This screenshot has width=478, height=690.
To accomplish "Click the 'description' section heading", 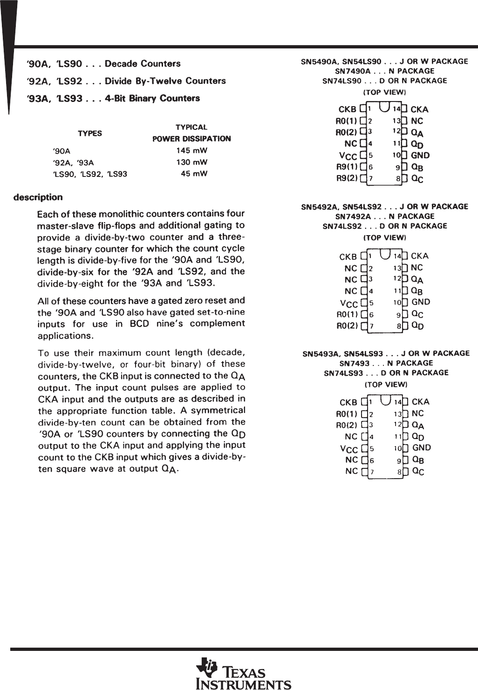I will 38,197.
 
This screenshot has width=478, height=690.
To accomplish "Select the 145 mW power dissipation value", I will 191,150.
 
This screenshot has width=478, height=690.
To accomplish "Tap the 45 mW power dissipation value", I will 194,174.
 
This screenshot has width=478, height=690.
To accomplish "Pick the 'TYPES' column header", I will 90,133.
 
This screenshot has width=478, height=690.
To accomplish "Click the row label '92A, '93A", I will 74,162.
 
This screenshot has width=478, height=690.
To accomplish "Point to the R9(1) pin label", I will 347,167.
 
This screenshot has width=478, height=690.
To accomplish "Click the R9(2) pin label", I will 347,178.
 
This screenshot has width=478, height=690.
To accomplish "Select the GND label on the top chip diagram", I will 420,156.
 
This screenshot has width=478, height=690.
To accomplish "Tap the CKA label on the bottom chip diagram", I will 421,401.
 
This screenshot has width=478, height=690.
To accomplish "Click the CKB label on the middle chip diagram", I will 348,257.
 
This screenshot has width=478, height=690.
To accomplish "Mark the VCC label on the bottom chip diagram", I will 349,449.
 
